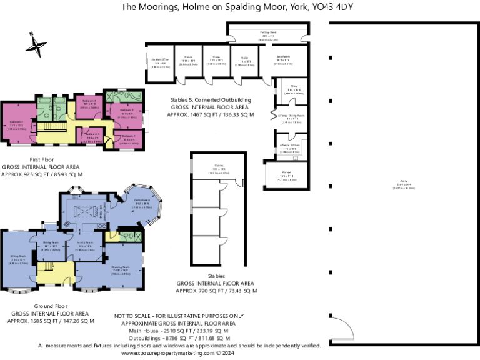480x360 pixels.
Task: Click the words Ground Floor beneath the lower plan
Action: pos(29,306)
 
